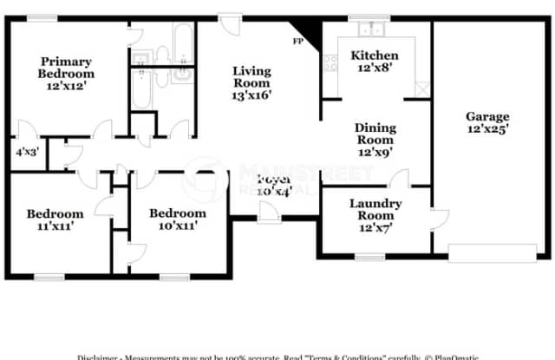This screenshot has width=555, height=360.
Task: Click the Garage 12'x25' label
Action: pyautogui.click(x=487, y=122)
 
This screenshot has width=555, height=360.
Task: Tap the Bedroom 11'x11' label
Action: pyautogui.click(x=55, y=220)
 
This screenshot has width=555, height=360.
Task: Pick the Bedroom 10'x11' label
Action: pyautogui.click(x=178, y=219)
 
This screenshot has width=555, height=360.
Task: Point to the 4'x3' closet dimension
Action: pyautogui.click(x=26, y=151)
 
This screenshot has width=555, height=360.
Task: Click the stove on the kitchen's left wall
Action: pyautogui.click(x=330, y=62)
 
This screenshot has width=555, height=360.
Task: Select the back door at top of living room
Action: pyautogui.click(x=231, y=21)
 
